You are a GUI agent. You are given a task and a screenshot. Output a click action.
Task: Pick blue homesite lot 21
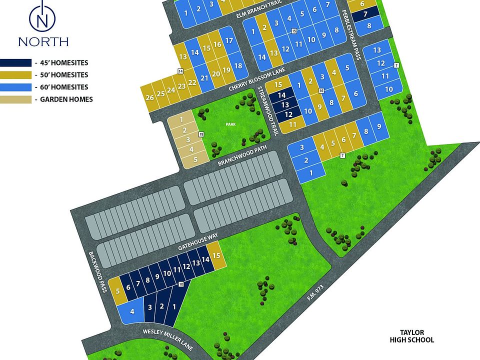coord(204,78)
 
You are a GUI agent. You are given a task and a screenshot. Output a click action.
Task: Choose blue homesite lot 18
coord(238,66)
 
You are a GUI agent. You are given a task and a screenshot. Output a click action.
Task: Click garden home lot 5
coord(195,159)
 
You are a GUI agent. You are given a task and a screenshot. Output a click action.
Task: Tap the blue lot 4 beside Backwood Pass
coord(132,311)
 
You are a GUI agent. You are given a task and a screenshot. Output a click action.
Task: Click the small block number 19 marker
coord(201,134)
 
